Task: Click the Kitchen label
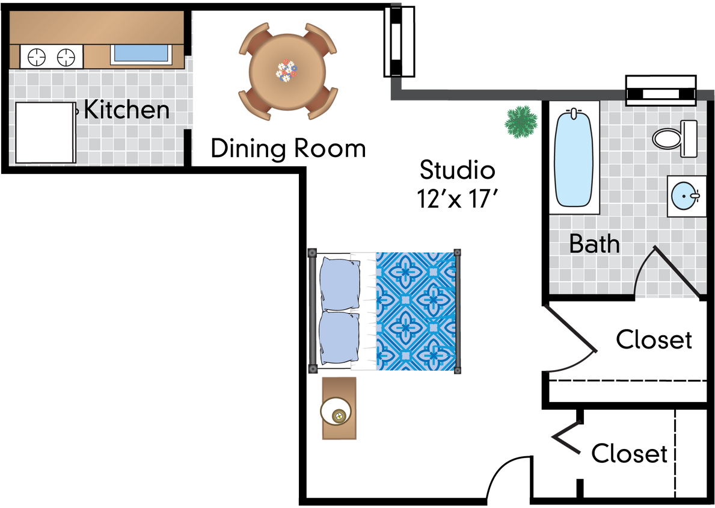tap(126, 110)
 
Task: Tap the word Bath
tap(594, 244)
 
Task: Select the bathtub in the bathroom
tap(573, 158)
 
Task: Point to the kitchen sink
tap(141, 53)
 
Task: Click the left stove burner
tap(37, 57)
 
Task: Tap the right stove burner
tap(66, 57)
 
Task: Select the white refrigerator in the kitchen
tap(45, 132)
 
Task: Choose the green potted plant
tap(521, 122)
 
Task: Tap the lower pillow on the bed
tap(340, 338)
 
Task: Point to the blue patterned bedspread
tap(416, 311)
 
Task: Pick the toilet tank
tap(689, 138)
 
